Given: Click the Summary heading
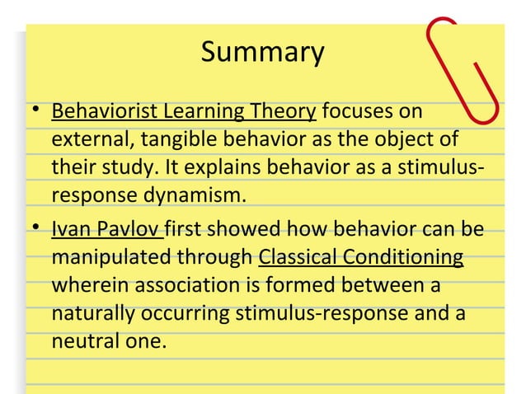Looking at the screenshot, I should tap(263, 52).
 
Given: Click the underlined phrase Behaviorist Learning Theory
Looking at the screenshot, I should tap(184, 110).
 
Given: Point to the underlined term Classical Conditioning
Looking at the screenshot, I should tap(360, 256).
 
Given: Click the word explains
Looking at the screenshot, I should tap(199, 168).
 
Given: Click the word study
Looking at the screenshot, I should tap(124, 168).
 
